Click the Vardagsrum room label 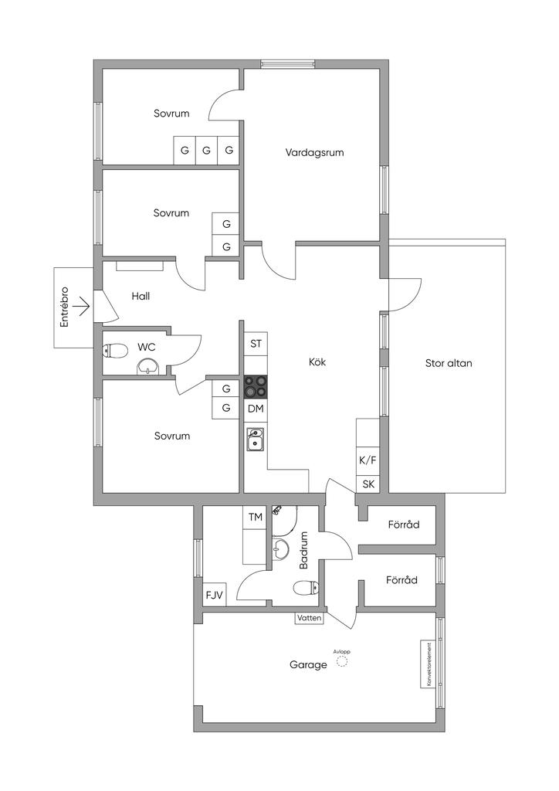pyautogui.click(x=314, y=152)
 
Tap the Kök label pyautogui.click(x=317, y=362)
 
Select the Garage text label pyautogui.click(x=308, y=665)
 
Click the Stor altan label pyautogui.click(x=449, y=363)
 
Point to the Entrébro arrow pyautogui.click(x=83, y=306)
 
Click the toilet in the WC pyautogui.click(x=115, y=351)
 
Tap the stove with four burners pyautogui.click(x=256, y=387)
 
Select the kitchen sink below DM pyautogui.click(x=256, y=439)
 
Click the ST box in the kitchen pyautogui.click(x=256, y=344)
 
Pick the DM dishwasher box pyautogui.click(x=256, y=409)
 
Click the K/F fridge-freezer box pyautogui.click(x=368, y=460)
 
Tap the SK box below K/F pyautogui.click(x=368, y=484)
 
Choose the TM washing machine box pyautogui.click(x=256, y=517)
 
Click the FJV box pyautogui.click(x=214, y=595)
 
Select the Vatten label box pyautogui.click(x=309, y=618)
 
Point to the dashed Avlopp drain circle pyautogui.click(x=342, y=662)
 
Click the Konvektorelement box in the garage pyautogui.click(x=427, y=664)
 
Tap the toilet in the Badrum pyautogui.click(x=306, y=587)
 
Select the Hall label pyautogui.click(x=141, y=296)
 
